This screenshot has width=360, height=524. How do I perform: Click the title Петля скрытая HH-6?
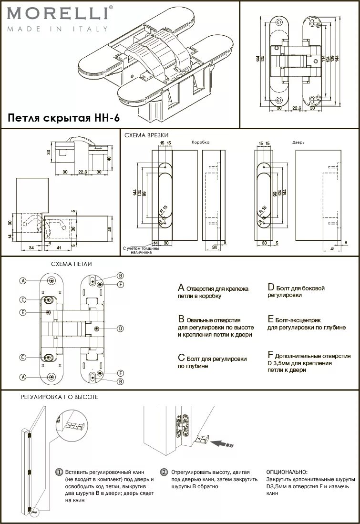(63, 118)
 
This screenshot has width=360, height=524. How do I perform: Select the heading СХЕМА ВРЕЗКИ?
(146, 135)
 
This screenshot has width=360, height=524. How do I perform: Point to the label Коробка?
(200, 143)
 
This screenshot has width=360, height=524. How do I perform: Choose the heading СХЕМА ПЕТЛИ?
(72, 264)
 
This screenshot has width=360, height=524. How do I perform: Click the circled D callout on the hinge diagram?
(121, 328)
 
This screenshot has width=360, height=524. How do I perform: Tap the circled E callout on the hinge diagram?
(22, 312)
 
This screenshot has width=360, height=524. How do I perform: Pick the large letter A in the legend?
(181, 288)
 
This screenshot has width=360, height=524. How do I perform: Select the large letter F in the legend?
(270, 356)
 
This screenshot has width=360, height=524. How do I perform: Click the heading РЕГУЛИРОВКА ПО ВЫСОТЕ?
(59, 397)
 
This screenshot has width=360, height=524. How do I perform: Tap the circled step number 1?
(59, 472)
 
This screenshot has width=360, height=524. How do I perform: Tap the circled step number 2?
(164, 472)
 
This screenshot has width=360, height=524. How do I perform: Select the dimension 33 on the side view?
(48, 152)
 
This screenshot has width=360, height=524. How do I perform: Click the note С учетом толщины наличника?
(138, 250)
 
